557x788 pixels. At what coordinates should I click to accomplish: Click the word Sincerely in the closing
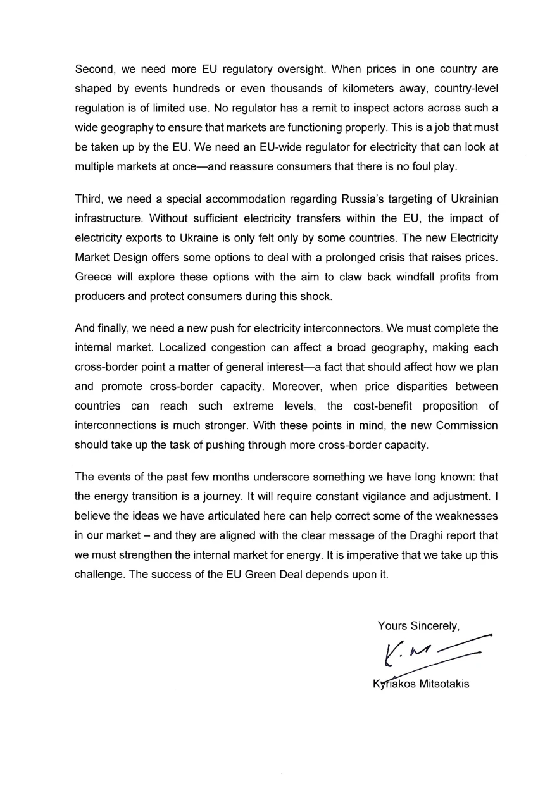pos(434,626)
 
